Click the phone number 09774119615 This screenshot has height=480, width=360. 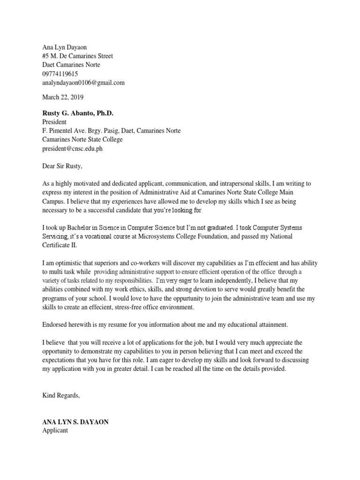pyautogui.click(x=60, y=74)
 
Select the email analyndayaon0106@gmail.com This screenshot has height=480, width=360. pyautogui.click(x=83, y=82)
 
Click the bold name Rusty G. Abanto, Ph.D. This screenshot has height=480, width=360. pyautogui.click(x=78, y=113)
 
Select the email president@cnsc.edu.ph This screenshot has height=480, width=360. pyautogui.click(x=72, y=149)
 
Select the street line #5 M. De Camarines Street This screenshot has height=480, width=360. pyautogui.click(x=77, y=56)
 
